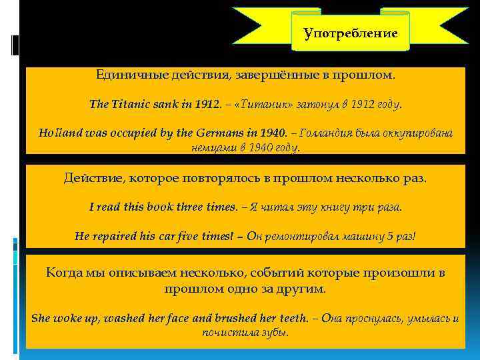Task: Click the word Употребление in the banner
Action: coord(350,33)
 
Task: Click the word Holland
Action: coord(56,132)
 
